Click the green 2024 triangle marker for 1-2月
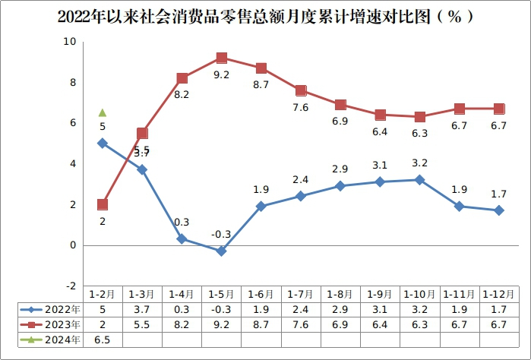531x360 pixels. tap(103, 112)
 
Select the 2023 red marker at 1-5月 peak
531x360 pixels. tap(222, 58)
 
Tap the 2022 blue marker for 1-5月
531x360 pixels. tap(221, 251)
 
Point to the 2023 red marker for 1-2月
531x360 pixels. tap(103, 204)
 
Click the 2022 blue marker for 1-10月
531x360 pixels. tap(419, 180)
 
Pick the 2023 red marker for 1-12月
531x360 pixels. tap(499, 109)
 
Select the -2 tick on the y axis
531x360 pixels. tap(70, 286)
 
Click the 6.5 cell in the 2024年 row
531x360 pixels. tap(102, 339)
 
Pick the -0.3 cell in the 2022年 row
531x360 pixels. tap(221, 309)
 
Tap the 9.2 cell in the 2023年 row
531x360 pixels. tap(221, 324)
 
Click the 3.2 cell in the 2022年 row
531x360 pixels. tap(419, 309)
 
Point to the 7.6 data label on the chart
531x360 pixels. tap(301, 108)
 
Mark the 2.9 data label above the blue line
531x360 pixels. tap(340, 169)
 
